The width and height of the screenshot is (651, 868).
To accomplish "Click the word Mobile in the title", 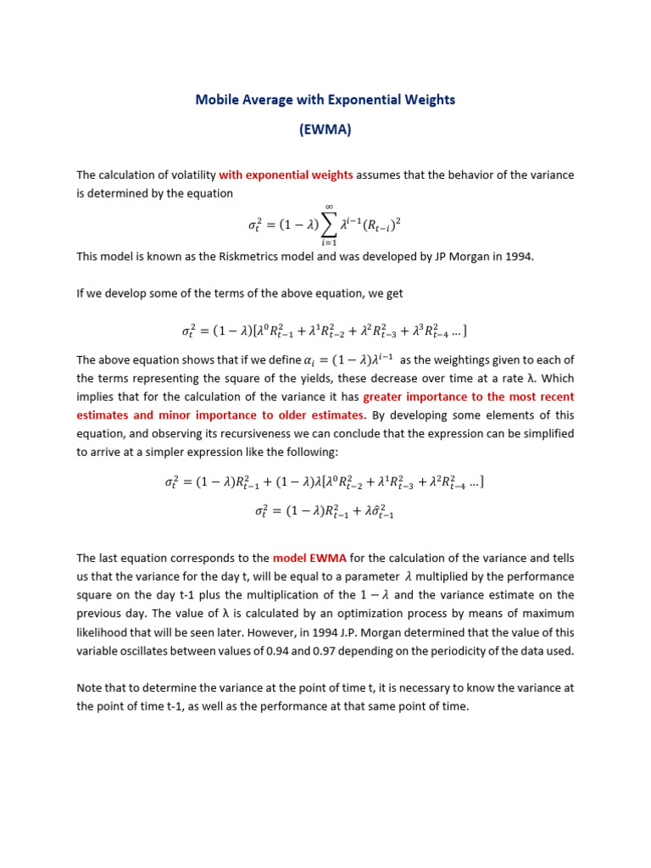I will coord(216,99).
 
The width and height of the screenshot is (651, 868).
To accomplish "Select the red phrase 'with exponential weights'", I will coord(286,175).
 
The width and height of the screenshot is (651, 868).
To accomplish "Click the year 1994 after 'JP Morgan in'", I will coord(518,257).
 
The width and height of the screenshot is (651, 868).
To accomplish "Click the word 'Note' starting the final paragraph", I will coord(89,687).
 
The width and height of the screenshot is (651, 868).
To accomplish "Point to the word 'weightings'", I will coord(459,359).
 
